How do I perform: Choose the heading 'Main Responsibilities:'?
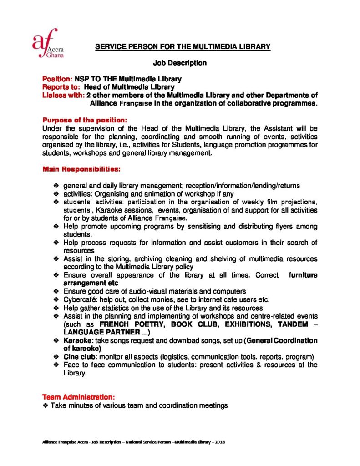pos(81,169)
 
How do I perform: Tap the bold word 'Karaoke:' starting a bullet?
pos(77,340)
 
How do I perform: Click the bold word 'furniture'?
pos(302,275)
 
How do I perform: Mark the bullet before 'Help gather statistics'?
pos(56,308)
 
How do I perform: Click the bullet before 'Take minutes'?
pos(45,405)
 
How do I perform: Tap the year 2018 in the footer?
pos(221,442)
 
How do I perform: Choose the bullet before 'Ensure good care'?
pos(56,291)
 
